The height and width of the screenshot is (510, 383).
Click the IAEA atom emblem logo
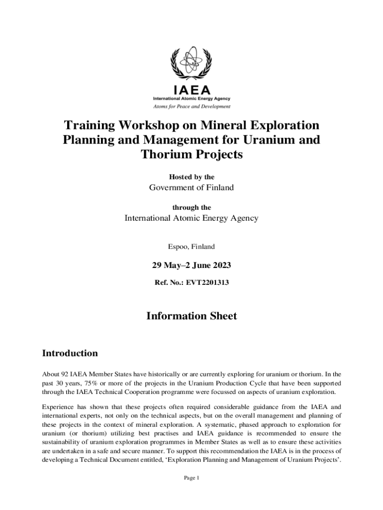191,64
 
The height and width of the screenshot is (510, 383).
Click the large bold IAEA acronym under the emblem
191,90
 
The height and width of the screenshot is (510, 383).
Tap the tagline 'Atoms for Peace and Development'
191,106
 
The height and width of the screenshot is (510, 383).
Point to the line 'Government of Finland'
191,188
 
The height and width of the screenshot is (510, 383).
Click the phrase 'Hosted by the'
191,177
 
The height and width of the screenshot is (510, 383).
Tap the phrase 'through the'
191,207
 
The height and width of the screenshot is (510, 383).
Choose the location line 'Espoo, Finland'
191,246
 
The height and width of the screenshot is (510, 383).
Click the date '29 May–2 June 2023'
191,265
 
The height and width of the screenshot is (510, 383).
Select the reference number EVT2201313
207,282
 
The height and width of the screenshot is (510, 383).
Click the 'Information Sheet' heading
191,316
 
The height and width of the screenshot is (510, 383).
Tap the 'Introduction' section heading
70,354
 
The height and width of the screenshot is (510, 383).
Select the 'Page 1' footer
191,478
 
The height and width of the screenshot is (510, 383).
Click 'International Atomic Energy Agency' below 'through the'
191,218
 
